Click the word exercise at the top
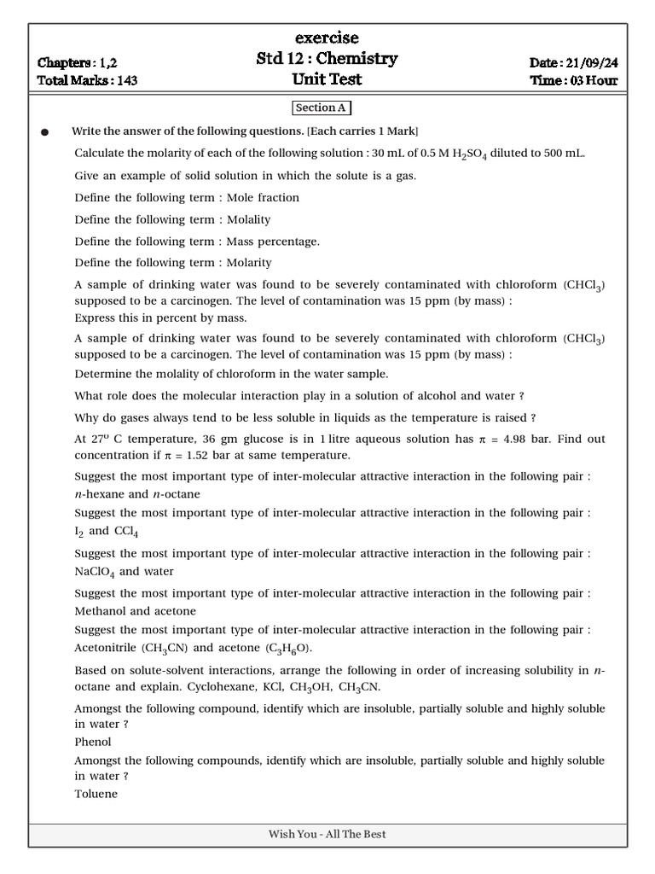327,38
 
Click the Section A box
321,108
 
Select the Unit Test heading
327,79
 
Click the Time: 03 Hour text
574,81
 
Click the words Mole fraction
263,198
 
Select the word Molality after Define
248,219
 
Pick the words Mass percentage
273,242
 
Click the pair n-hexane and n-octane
137,494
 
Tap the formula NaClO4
95,572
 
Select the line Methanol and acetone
135,611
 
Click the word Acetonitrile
106,649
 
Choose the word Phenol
93,742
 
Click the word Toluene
96,794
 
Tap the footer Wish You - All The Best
327,834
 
